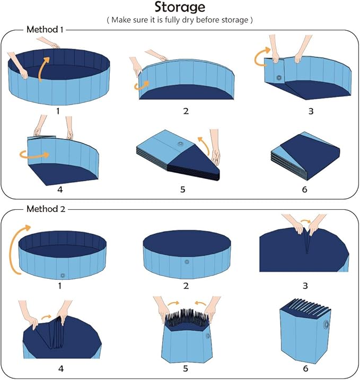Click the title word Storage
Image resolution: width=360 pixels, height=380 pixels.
(x=180, y=7)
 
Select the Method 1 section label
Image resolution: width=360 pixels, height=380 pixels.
(x=45, y=30)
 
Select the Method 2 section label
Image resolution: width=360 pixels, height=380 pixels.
(x=45, y=209)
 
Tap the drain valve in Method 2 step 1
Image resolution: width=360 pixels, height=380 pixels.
(x=63, y=275)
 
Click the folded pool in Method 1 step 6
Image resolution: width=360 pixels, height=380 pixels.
(x=304, y=154)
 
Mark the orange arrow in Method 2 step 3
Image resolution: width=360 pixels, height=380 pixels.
(x=305, y=221)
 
